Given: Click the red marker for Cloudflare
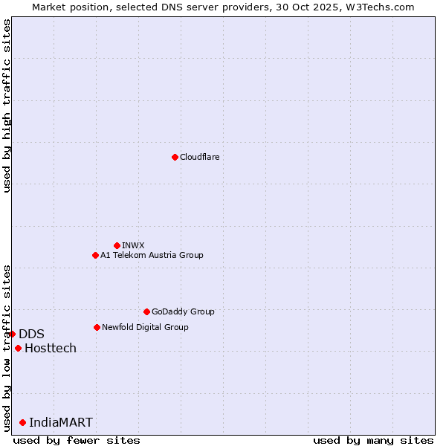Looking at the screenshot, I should coord(175,157).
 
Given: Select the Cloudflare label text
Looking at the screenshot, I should coord(199,157).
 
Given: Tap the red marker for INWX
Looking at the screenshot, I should coord(117,245).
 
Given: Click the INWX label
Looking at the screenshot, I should coord(133,245).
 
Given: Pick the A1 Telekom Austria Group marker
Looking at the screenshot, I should coord(95,255).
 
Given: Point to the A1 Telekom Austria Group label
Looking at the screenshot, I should coord(152,255).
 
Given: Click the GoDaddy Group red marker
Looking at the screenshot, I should coord(146,311).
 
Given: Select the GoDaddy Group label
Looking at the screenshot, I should coord(182,311).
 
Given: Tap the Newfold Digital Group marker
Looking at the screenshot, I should coord(97,327).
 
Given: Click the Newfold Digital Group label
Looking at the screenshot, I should coord(145,327).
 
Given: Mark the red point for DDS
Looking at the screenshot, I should coord(12,334).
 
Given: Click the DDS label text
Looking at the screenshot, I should coord(31,334).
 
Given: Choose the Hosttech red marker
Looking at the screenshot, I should coord(18,348).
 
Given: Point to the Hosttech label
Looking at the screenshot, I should coord(51,348).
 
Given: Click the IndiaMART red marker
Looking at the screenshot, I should coord(22,422).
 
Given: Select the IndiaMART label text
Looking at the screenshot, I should coord(61,422).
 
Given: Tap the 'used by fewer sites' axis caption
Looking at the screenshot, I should coord(77,440).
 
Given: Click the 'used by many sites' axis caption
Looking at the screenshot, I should coord(373,440).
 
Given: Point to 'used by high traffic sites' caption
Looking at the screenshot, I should coord(7,106).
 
